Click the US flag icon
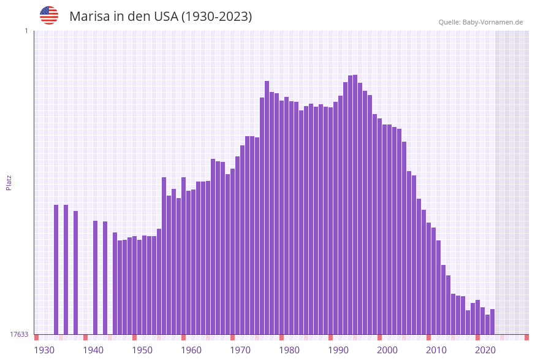(49, 15)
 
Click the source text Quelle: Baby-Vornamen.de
(480, 22)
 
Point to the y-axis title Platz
(9, 182)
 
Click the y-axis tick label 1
(26, 31)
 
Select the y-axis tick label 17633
(19, 334)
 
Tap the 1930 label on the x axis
(44, 350)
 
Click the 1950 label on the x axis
(142, 350)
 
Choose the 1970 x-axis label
(240, 350)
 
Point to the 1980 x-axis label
(289, 350)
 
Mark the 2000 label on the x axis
(387, 350)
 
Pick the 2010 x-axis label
(436, 350)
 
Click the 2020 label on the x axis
(485, 350)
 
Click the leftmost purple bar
(56, 269)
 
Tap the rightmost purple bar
(492, 321)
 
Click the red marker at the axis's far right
(526, 337)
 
